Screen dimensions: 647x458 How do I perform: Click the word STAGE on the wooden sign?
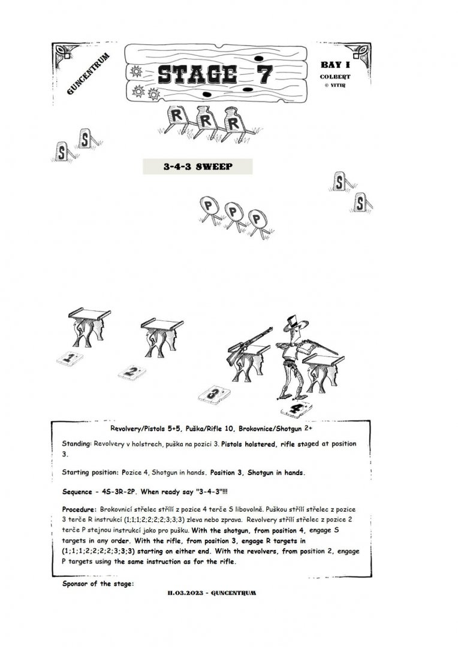point(195,74)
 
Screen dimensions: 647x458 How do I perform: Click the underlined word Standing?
point(77,444)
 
